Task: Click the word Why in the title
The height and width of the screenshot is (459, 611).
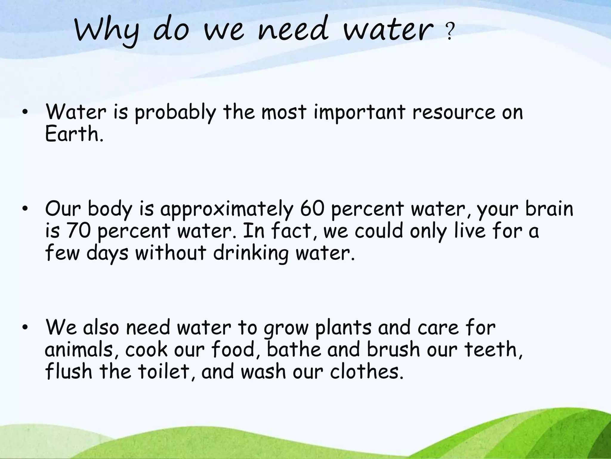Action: click(107, 32)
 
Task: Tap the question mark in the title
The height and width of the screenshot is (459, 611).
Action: click(449, 33)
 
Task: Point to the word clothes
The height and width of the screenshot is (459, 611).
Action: click(366, 371)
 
